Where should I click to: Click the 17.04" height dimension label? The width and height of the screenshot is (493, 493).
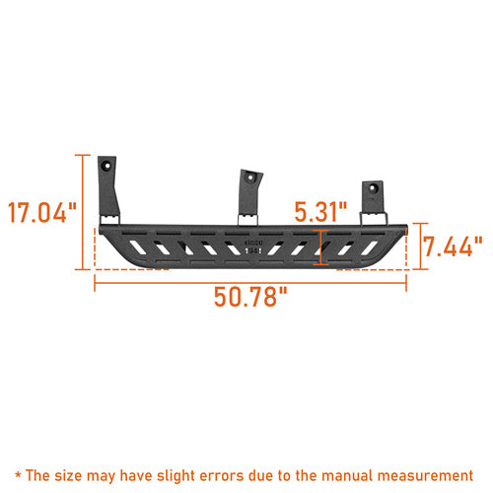click(x=40, y=212)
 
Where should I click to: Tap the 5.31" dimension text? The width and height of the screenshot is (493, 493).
click(x=320, y=211)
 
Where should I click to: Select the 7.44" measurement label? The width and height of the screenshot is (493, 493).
click(x=453, y=246)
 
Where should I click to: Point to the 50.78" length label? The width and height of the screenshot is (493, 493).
click(x=251, y=298)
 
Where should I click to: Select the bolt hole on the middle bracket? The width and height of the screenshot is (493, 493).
click(x=252, y=178)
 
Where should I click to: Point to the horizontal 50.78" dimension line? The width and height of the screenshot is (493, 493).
click(x=251, y=282)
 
